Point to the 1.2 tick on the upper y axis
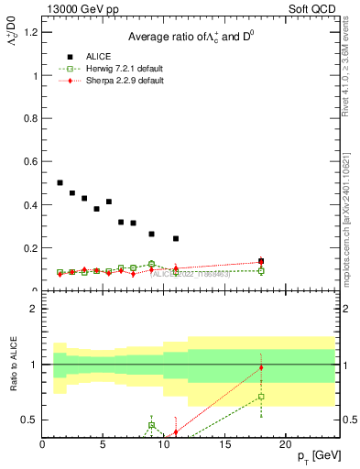tap(30, 33)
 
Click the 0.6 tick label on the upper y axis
tap(30, 162)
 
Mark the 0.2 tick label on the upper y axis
tap(30, 248)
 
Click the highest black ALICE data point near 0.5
tap(60, 183)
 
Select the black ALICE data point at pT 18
tap(261, 261)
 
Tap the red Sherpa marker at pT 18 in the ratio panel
tap(261, 367)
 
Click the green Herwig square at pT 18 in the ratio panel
tap(261, 397)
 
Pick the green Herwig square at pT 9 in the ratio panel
tap(152, 425)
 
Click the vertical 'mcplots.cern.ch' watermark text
tap(349, 229)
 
